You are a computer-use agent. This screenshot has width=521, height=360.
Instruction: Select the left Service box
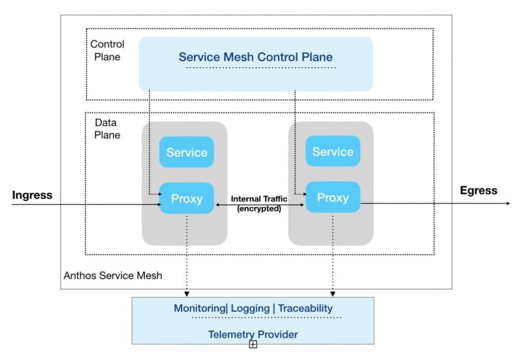click(187, 152)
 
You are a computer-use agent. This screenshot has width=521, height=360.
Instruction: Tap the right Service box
click(333, 152)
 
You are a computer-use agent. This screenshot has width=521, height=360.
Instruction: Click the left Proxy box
click(187, 198)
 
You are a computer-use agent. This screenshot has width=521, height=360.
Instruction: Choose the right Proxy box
click(333, 197)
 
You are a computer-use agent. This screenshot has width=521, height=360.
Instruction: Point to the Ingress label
click(32, 195)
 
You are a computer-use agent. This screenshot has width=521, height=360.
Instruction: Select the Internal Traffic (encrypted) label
click(260, 203)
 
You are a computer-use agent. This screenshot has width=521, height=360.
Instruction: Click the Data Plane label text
click(107, 129)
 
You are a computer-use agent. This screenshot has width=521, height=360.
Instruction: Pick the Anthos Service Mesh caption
click(113, 275)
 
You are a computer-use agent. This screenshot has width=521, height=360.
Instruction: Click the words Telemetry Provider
click(253, 335)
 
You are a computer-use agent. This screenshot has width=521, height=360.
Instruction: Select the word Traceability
click(305, 308)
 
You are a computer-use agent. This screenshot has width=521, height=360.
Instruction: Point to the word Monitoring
click(199, 308)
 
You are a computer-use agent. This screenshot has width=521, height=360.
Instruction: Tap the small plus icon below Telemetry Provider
click(253, 344)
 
